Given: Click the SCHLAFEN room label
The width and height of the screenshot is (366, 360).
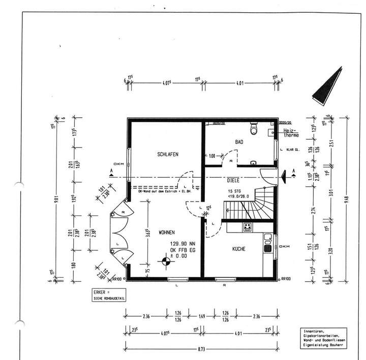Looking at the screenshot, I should click(168, 154).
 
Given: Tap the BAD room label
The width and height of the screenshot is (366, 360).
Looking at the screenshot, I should click(238, 143).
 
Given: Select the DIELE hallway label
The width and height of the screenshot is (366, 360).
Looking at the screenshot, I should click(233, 180).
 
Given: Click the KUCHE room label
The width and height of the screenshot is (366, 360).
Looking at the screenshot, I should click(239, 249).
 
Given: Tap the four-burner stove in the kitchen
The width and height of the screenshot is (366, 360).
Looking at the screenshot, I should click(248, 227).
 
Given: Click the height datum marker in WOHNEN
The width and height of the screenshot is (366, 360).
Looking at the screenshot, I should click(165, 263).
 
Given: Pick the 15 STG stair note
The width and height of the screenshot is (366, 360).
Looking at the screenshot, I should click(235, 191).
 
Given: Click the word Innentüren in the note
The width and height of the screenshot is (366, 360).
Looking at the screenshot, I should click(316, 332).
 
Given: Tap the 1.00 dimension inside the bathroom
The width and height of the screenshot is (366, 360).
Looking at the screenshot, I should click(211, 156).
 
